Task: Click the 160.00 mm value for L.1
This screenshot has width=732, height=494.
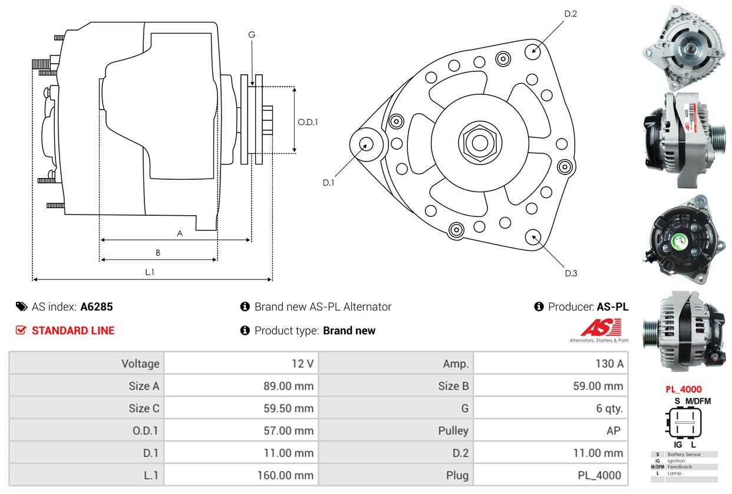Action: pos(285,475)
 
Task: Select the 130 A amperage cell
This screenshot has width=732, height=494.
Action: pos(609,363)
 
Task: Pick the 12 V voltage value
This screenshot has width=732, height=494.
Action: pos(302,363)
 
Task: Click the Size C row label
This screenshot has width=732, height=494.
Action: pos(144,408)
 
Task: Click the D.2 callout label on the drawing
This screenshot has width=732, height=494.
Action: pos(570,14)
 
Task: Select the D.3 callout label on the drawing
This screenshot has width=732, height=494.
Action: pos(571,273)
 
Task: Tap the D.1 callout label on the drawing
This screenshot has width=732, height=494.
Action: pos(328,183)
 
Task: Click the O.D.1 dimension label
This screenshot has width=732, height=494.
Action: pos(308,122)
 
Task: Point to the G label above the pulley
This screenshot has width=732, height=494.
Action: pos(252,35)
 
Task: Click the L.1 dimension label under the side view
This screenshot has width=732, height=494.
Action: pos(150,272)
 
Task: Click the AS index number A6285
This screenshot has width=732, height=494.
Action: pos(96,307)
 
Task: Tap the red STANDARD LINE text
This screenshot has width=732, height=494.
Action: pos(73,331)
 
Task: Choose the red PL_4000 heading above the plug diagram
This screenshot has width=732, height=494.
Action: pos(684,389)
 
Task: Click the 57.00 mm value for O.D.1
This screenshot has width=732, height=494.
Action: pos(288,430)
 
